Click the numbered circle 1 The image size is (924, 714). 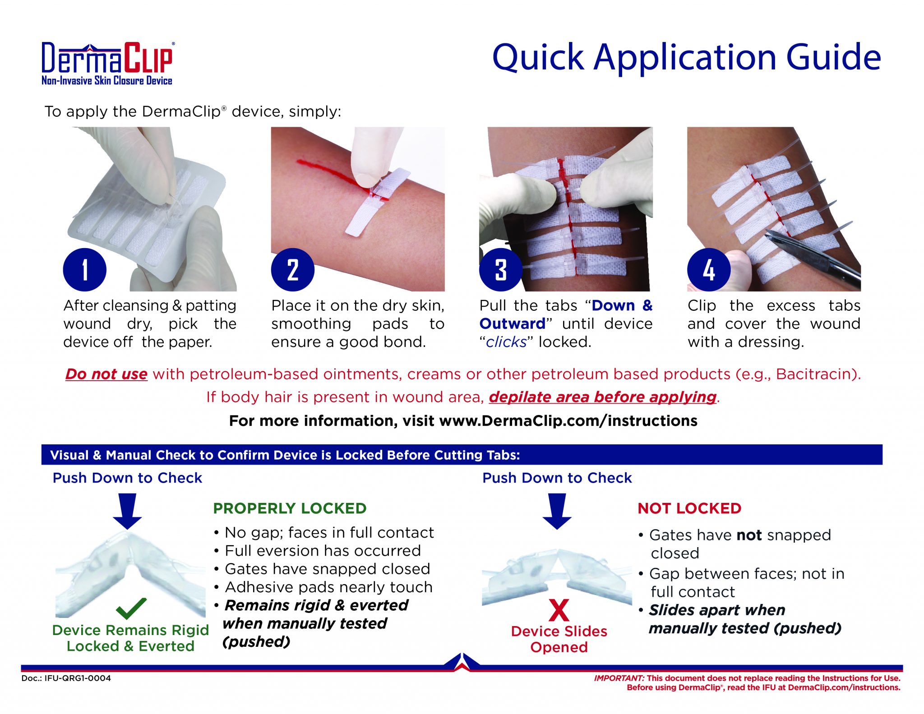[85, 270]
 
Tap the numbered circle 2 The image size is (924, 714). [292, 270]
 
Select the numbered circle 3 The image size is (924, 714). [501, 270]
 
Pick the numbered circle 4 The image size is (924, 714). [709, 270]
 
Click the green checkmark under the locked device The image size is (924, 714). [131, 608]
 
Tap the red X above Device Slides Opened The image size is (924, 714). [559, 610]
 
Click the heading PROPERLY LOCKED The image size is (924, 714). [290, 508]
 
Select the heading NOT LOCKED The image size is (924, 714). [689, 508]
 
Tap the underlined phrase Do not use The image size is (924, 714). [106, 374]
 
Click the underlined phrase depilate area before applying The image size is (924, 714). [603, 397]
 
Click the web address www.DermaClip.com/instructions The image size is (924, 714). [568, 421]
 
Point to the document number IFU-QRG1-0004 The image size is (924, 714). [78, 678]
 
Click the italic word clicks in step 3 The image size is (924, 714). [506, 342]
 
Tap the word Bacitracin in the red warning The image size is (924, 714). [815, 374]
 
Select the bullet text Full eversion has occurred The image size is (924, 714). [323, 551]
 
